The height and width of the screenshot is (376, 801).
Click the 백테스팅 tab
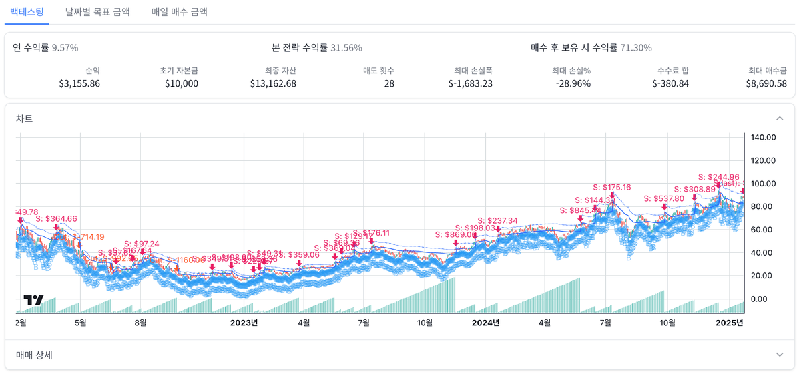click(27, 12)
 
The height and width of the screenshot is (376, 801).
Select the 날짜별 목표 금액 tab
click(97, 12)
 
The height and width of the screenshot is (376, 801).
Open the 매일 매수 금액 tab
click(180, 12)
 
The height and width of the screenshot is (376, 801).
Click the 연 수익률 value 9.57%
click(65, 48)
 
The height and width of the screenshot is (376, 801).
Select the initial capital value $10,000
click(181, 83)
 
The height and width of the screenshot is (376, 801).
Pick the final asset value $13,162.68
click(273, 83)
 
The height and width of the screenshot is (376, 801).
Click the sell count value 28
click(388, 83)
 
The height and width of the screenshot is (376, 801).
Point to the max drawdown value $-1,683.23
click(470, 83)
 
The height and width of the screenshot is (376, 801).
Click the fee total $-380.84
click(670, 83)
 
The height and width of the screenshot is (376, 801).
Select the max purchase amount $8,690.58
click(767, 83)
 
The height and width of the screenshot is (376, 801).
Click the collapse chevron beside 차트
click(780, 118)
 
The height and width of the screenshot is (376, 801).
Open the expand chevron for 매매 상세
click(780, 355)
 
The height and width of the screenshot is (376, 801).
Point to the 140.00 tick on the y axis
click(763, 138)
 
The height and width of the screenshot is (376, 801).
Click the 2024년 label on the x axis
click(485, 323)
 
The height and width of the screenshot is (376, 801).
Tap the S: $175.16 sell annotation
click(612, 187)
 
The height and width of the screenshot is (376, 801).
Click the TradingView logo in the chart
click(33, 300)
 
